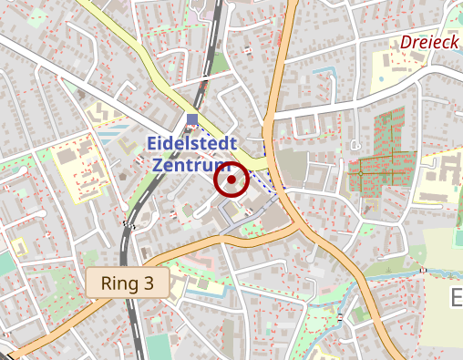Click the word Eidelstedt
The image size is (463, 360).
191,144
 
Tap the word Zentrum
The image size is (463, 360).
188,166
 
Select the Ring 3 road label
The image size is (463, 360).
128,283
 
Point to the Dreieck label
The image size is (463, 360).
429,42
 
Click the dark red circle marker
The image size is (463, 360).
231,180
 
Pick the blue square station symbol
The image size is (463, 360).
191,118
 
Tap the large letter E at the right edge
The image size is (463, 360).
457,299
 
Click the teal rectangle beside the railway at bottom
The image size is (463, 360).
159,347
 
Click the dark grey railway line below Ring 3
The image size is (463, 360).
137,319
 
